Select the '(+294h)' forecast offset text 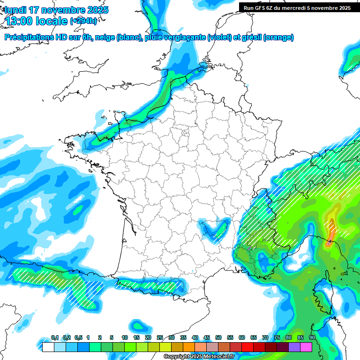click(83, 21)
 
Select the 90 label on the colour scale click(312, 338)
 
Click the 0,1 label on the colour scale click(54, 338)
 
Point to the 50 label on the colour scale click(218, 338)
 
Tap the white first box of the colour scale click(48, 347)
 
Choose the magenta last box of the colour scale click(306, 347)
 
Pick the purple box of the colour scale click(294, 347)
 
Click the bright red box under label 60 click(247, 347)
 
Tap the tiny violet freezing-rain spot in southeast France click(250, 248)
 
